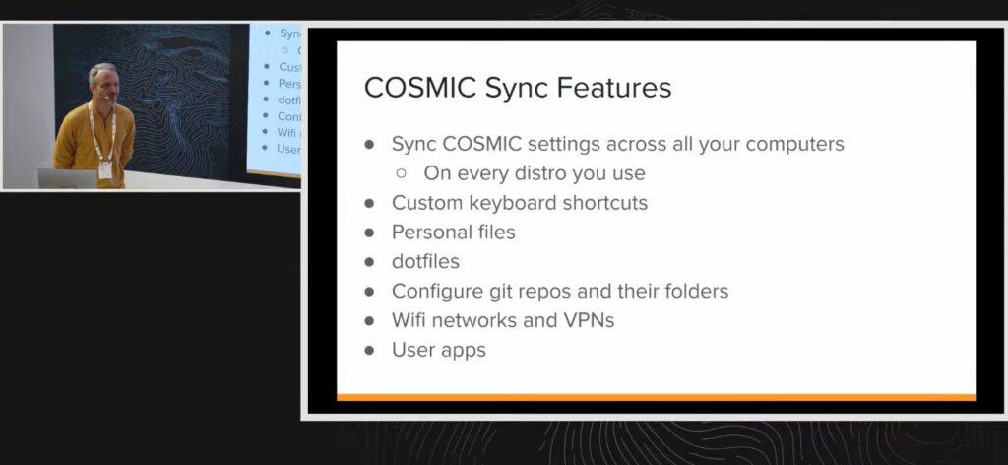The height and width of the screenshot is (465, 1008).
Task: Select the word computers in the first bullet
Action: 792,144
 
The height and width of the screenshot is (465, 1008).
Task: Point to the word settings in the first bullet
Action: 556,144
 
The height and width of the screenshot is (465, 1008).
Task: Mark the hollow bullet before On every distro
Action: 402,173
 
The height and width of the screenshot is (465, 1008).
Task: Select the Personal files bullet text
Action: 453,232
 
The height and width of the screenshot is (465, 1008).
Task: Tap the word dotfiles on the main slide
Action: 425,262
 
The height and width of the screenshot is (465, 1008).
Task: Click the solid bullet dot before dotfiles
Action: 370,263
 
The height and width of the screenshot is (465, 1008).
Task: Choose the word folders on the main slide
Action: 693,292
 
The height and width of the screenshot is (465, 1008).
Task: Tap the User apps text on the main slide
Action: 438,350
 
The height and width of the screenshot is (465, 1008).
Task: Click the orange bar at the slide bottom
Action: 656,397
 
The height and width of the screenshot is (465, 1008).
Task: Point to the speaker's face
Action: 102,81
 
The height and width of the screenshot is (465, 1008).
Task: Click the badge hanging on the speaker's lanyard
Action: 104,168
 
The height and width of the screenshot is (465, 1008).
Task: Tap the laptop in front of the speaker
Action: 67,178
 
